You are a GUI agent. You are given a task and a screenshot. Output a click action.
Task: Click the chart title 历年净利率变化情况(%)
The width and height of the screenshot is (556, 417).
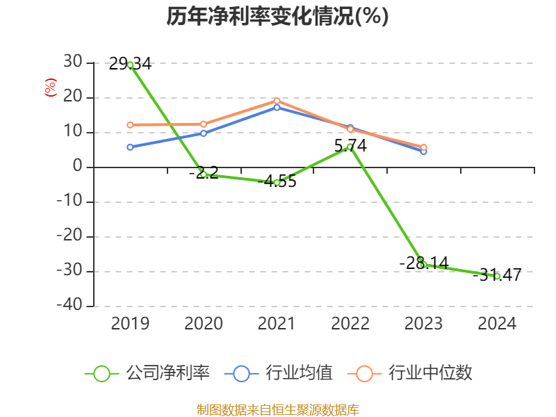(277, 17)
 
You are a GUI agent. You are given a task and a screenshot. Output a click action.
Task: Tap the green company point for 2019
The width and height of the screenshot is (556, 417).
(130, 65)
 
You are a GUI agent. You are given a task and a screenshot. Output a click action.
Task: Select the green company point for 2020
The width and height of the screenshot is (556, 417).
(204, 174)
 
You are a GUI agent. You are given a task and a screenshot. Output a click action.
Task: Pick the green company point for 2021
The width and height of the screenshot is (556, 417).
(277, 182)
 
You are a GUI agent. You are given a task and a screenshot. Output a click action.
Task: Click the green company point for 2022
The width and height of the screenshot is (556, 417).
(350, 147)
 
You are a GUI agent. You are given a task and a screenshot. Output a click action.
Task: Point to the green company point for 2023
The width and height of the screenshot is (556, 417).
(423, 265)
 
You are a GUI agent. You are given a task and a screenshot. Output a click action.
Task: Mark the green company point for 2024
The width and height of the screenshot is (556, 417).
(497, 276)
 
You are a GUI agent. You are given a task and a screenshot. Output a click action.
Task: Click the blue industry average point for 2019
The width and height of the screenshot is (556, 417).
(130, 147)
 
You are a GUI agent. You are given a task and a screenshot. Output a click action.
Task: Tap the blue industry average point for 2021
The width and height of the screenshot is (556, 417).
(277, 107)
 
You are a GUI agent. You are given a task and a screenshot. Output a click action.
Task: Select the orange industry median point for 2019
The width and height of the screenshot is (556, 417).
(130, 125)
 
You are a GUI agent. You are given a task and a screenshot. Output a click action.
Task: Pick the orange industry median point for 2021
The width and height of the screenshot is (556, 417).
(277, 101)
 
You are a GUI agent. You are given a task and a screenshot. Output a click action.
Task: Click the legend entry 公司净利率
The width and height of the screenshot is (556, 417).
(147, 373)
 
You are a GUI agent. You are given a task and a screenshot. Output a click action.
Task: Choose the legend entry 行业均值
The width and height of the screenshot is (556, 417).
(279, 373)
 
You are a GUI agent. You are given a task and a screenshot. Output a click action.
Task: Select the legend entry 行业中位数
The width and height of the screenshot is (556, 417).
(414, 373)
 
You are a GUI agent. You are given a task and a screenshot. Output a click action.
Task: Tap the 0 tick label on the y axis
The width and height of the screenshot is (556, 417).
(78, 167)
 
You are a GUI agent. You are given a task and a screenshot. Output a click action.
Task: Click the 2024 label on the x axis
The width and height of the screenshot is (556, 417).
(497, 324)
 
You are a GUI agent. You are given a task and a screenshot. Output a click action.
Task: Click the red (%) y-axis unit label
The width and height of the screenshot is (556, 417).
(50, 88)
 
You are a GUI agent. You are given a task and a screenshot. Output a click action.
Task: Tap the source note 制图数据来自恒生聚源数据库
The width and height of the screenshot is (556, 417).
(277, 409)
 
